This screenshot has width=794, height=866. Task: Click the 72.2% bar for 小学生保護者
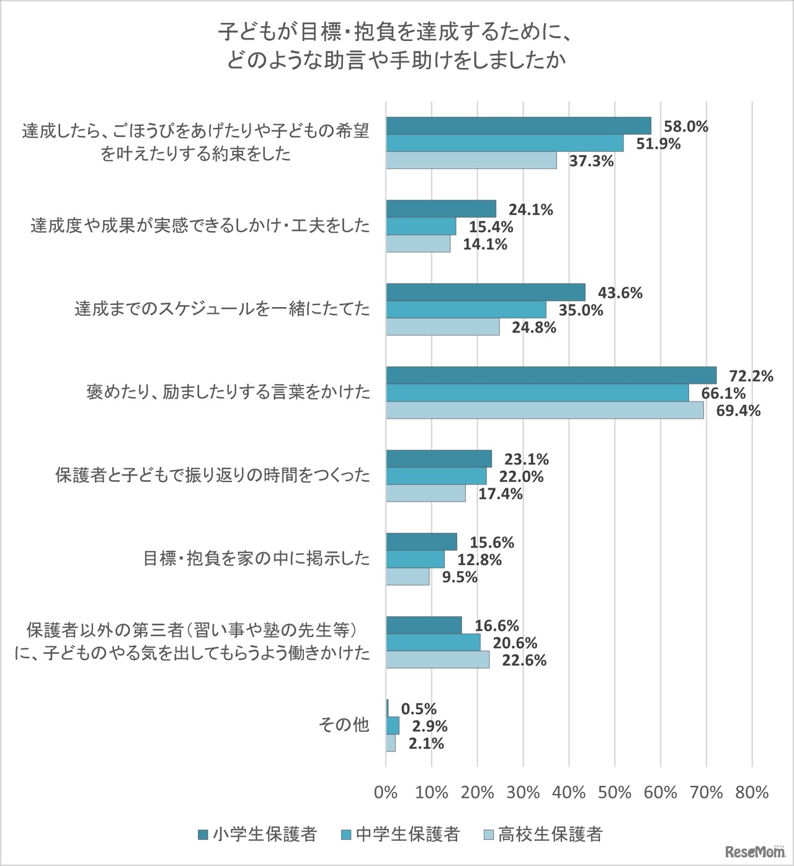point(551,375)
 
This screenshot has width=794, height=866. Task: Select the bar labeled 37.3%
point(471,161)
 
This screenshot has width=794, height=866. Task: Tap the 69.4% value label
point(738,411)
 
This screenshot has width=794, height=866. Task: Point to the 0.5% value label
point(419,708)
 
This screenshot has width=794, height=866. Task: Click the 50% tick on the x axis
point(615,792)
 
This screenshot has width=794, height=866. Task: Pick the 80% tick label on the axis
point(752,792)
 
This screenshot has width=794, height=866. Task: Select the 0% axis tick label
point(386,792)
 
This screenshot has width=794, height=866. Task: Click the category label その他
point(344,725)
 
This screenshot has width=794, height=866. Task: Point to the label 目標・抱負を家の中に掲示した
point(256,558)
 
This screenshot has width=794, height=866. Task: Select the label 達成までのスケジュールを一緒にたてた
point(222,308)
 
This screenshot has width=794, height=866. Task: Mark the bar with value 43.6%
point(486,292)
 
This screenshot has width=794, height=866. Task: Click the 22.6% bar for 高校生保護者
point(438,659)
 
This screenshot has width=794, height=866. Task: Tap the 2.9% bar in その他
point(393,726)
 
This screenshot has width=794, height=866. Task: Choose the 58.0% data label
point(686,127)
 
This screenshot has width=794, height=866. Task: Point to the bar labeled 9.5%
point(408,577)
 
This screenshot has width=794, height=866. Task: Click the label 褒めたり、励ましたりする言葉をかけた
point(228,392)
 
